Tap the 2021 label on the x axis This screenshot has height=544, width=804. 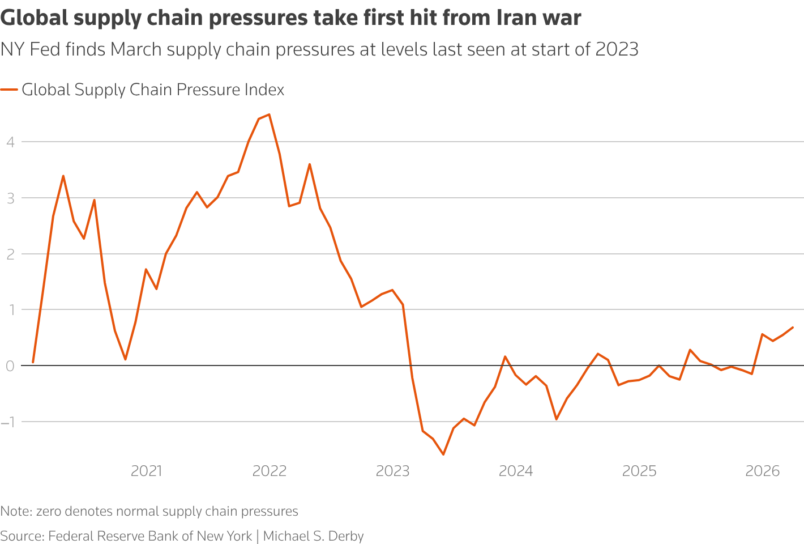coord(146,471)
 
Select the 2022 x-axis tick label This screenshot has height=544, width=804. coord(270,471)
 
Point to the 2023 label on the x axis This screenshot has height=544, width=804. coord(392,471)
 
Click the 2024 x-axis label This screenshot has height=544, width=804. coord(516,471)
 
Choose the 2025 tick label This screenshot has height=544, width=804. coord(639,471)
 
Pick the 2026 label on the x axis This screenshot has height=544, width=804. coord(762,471)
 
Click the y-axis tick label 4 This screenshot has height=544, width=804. coord(10,142)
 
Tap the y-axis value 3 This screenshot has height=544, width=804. coord(10,198)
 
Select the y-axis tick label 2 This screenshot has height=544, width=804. coord(10,254)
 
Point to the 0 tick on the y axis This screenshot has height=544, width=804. coord(10,366)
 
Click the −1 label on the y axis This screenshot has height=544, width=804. coord(8,422)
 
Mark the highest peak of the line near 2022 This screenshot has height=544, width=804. coord(269,114)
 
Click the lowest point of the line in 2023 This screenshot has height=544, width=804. coord(443,454)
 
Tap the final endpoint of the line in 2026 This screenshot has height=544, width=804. coord(793,327)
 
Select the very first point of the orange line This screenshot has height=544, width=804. coord(33,362)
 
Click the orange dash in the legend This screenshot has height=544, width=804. coord(9,90)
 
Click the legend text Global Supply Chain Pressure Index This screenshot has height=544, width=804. coord(153,90)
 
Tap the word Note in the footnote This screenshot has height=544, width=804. coord(15,511)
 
